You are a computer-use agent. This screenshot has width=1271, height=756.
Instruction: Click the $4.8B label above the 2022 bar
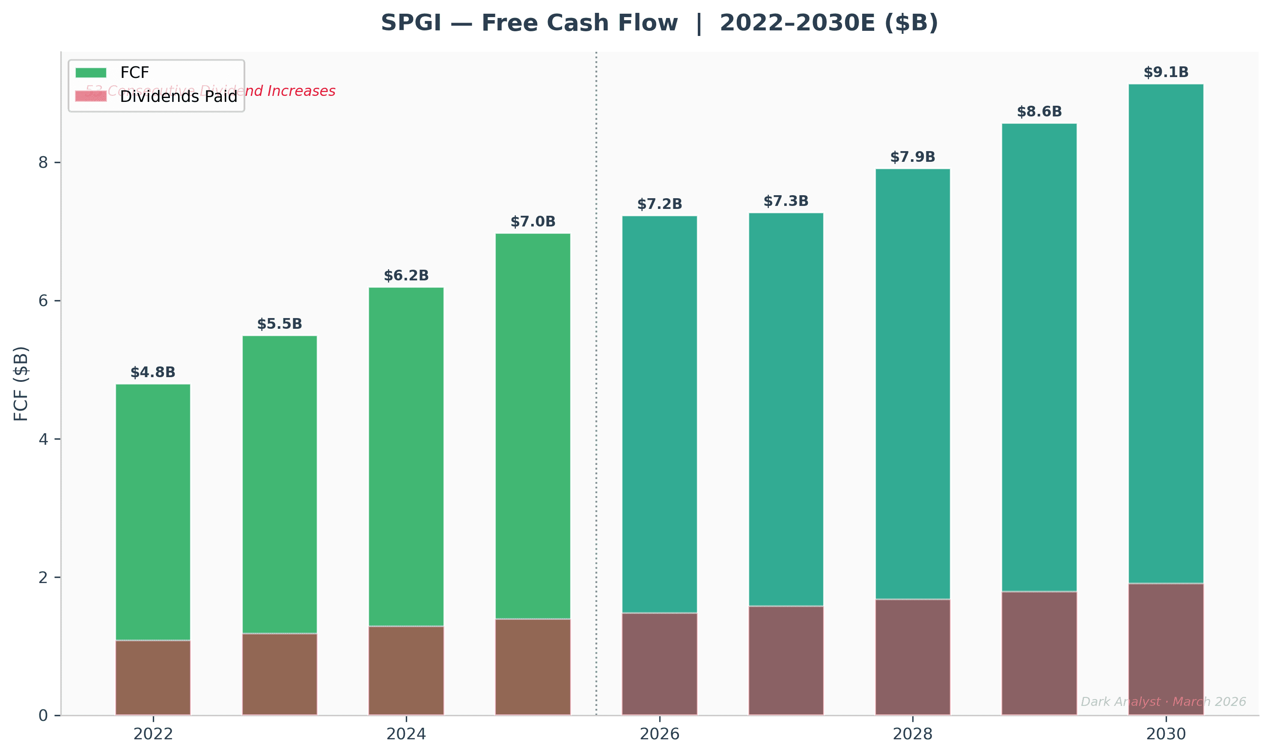153,372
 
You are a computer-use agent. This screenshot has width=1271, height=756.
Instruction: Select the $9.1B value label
1166,72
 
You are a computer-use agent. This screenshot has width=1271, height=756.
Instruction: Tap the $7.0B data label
533,222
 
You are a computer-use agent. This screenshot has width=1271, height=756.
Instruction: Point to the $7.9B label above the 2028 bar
912,157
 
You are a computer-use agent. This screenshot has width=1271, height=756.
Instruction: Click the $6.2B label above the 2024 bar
406,276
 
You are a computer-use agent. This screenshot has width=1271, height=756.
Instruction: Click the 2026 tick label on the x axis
659,734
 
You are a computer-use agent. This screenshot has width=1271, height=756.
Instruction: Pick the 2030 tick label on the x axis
1166,734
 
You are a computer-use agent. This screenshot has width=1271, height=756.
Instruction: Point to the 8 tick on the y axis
43,163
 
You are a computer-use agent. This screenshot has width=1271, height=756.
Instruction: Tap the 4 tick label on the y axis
43,439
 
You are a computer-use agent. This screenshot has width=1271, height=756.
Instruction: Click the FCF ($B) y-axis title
21,384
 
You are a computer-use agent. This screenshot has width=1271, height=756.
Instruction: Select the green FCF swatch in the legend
91,73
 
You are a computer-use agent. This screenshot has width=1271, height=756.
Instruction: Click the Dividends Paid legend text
178,96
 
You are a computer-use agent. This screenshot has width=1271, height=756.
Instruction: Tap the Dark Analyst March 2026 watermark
1163,702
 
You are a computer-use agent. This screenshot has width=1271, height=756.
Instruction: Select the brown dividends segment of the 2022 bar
153,678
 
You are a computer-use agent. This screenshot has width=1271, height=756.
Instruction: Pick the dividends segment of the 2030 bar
1166,649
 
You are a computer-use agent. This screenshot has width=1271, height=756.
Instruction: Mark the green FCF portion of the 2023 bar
279,484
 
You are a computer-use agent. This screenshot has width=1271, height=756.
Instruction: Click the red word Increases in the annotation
301,91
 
